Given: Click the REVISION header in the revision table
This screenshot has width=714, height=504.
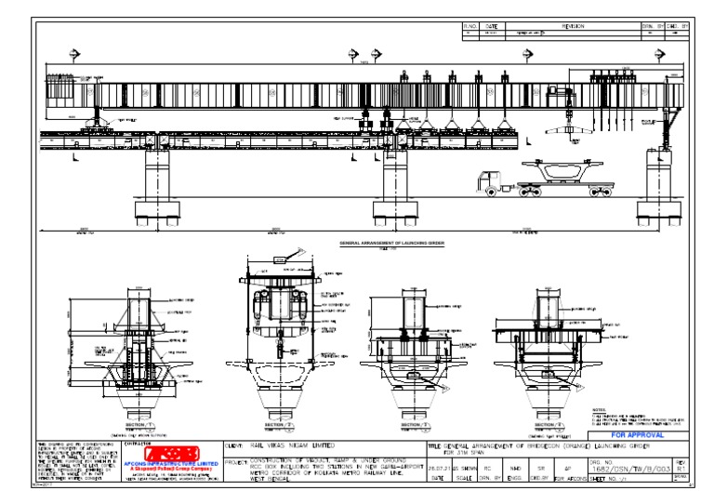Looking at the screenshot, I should (564, 27).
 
